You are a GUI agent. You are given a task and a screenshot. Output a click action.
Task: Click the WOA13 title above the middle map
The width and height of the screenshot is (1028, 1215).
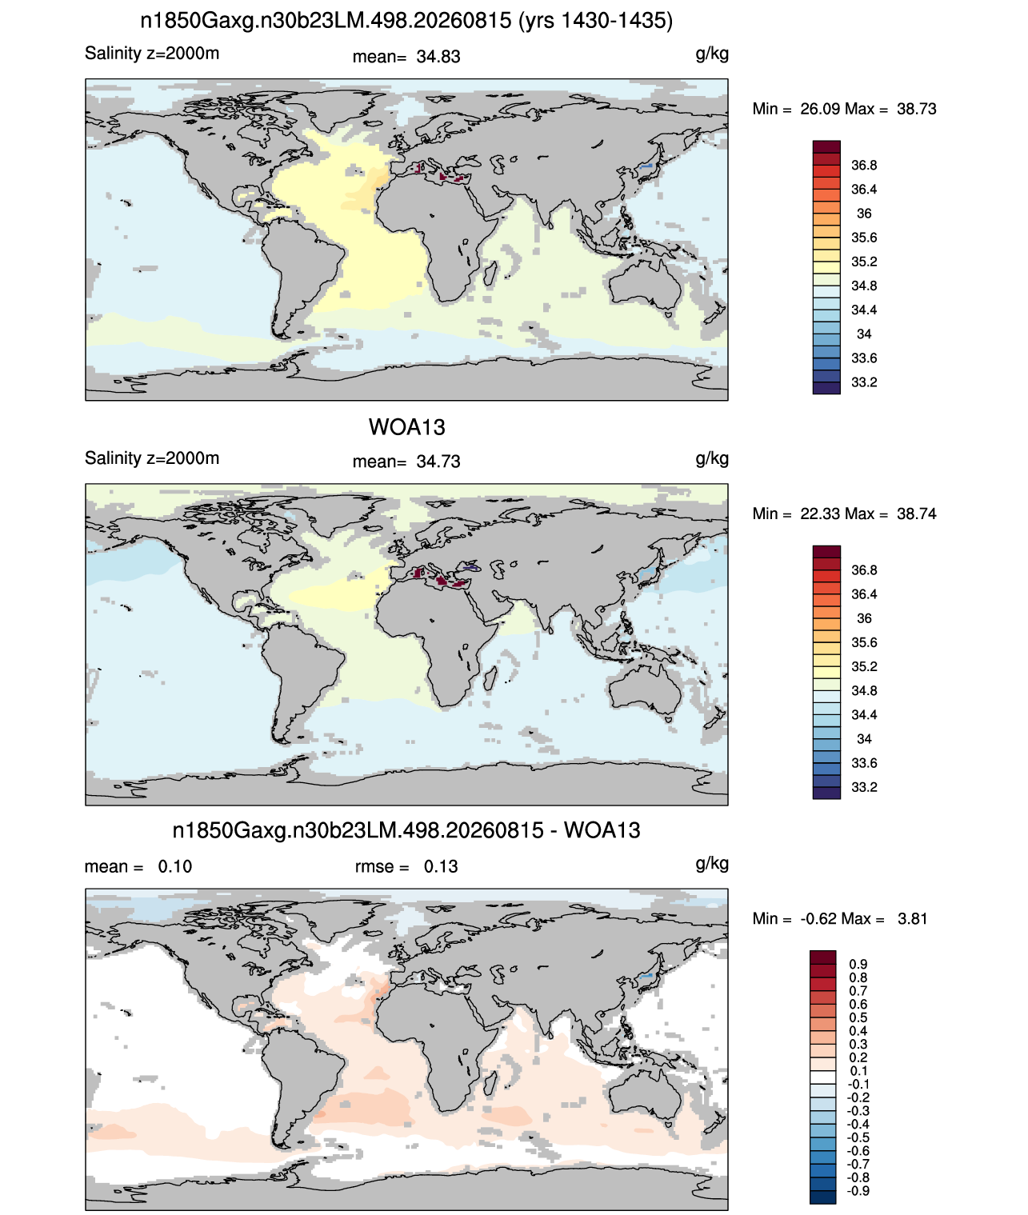click(x=406, y=427)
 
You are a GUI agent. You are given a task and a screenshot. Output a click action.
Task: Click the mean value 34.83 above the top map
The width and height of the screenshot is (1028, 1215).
click(x=438, y=57)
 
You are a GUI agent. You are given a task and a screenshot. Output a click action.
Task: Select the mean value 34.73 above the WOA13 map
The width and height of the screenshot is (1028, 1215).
click(x=438, y=462)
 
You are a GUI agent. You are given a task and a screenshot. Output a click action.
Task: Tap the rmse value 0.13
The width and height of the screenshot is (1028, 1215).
click(x=441, y=867)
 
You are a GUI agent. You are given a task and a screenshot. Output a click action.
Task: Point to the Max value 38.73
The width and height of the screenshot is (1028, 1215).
click(x=916, y=110)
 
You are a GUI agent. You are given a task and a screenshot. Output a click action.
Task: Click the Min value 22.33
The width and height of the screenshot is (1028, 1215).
click(x=820, y=514)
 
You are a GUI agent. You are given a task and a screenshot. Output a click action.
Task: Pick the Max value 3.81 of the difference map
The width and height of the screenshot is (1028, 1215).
click(x=912, y=919)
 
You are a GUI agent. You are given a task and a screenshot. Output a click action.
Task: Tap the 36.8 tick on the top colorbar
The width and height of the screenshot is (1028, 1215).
click(x=864, y=166)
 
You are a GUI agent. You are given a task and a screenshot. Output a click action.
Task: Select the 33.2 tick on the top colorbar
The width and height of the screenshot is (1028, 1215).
click(x=864, y=382)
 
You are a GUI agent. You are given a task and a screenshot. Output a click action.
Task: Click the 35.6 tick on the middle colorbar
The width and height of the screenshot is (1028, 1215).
click(x=864, y=642)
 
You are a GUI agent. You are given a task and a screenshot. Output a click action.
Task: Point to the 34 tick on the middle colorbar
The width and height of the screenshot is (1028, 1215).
click(x=864, y=739)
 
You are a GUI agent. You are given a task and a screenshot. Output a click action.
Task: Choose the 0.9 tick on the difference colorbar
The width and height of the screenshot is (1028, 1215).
click(x=858, y=964)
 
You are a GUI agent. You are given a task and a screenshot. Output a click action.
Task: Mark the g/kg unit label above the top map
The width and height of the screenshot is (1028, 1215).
click(x=712, y=54)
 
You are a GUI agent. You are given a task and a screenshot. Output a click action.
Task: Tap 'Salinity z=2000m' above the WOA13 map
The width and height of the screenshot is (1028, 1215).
click(x=152, y=458)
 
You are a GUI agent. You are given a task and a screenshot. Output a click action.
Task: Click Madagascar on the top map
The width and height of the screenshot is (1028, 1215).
click(x=490, y=274)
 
